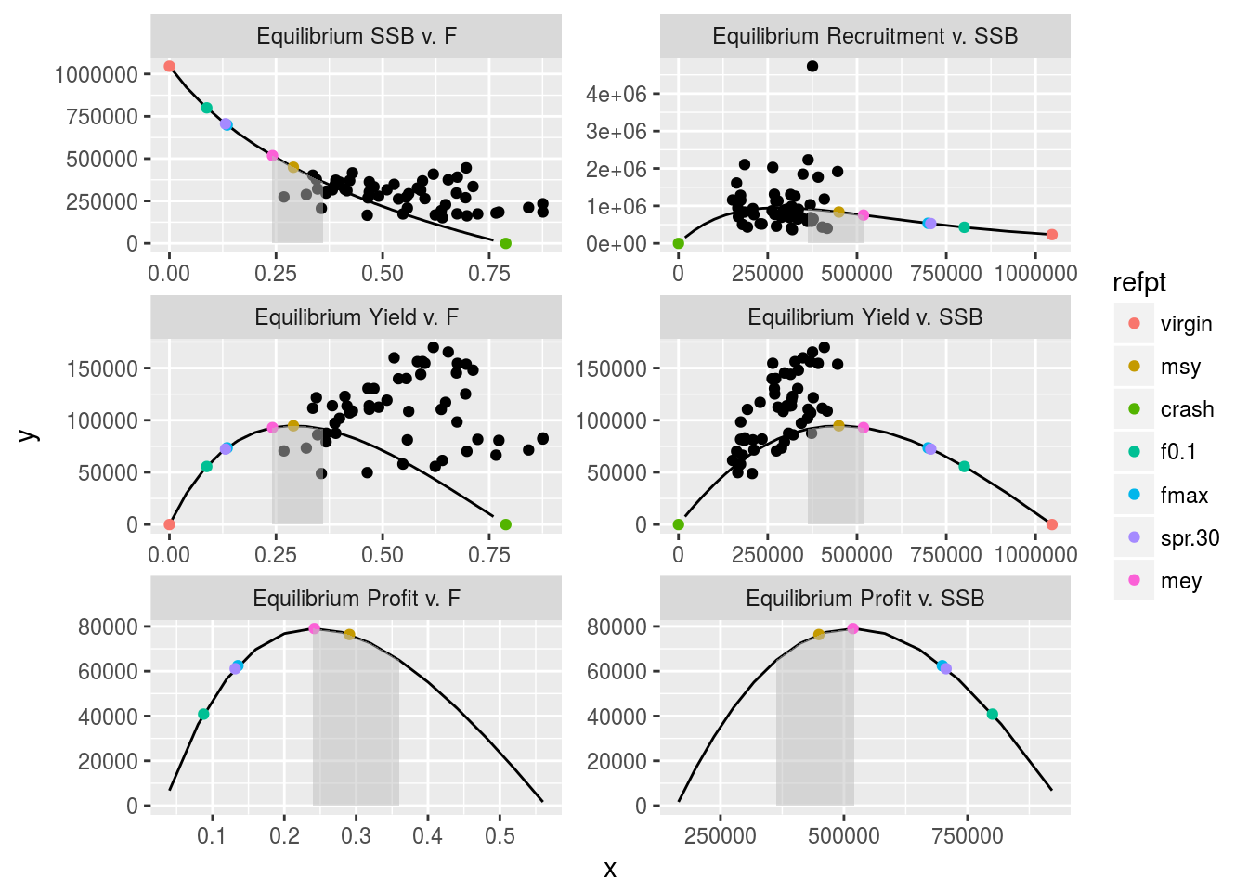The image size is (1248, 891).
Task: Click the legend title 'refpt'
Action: [1139, 282]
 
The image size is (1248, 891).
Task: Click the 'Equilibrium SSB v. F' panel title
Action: [357, 36]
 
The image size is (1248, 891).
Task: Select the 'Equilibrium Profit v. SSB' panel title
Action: [864, 599]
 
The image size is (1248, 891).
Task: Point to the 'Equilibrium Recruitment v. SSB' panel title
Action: [864, 36]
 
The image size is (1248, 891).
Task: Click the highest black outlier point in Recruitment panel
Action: [812, 66]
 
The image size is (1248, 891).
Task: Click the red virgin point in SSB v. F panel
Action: [169, 66]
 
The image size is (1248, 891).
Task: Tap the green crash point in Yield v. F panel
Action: [506, 524]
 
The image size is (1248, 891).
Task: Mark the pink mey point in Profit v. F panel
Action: [314, 628]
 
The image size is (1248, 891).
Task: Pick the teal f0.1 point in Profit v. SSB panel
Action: [992, 714]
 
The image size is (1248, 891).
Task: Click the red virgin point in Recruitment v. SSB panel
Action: [1052, 235]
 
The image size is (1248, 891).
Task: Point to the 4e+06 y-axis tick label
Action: [616, 94]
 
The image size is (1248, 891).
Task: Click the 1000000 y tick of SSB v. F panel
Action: [97, 74]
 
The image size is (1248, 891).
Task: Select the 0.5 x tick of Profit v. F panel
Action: [500, 836]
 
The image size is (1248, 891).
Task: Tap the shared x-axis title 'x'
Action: [610, 870]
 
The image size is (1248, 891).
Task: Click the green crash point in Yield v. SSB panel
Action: [679, 524]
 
